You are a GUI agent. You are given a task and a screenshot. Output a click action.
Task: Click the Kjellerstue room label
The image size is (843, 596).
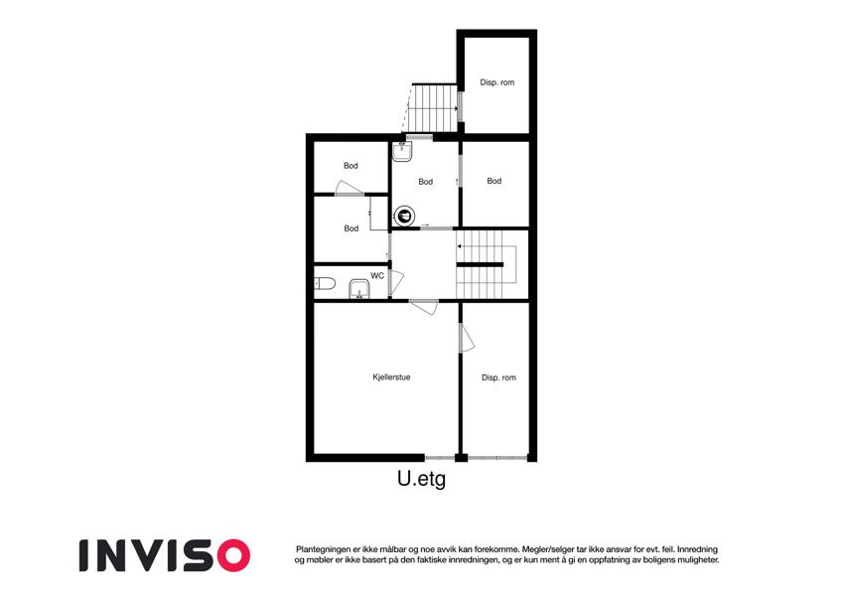coord(391,377)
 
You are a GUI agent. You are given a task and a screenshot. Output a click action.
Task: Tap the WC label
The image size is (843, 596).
coord(377,276)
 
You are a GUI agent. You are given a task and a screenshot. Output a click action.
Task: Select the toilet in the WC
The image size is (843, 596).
coord(325,283)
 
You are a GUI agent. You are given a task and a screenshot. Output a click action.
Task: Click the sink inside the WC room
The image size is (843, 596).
coord(358,289)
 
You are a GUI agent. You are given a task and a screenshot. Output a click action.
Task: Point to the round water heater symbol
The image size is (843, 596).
coord(404,217)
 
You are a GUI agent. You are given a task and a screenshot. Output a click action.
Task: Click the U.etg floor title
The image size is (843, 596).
coord(421,479)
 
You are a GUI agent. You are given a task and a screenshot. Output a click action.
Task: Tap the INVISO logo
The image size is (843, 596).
coord(165,555)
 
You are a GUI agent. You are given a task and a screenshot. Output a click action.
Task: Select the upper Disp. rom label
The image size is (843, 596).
coord(497,82)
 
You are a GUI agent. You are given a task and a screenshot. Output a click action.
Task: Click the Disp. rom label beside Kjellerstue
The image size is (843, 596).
coord(498,377)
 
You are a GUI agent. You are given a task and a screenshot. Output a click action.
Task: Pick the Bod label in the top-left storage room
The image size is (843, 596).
coord(351,166)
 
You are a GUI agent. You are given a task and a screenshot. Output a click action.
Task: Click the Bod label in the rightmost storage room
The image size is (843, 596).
coord(494,181)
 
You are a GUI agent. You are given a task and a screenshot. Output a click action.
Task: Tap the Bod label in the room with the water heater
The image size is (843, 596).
coord(425,182)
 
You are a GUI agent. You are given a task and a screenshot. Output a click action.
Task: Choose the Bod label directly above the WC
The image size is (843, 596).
coord(351,228)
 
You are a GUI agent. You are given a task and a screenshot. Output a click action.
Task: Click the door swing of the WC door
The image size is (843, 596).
coord(397,283)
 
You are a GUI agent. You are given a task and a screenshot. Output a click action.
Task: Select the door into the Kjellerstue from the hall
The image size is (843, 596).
coord(424,307)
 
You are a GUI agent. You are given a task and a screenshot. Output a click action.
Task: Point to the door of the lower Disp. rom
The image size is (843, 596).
coord(467,338)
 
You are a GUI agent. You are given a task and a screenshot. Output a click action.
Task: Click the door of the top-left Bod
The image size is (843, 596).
coord(349,189)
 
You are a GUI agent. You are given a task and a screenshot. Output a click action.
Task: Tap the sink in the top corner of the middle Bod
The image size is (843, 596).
coord(402,152)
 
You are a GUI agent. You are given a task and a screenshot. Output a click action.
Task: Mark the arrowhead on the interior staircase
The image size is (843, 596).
coord(459,246)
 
